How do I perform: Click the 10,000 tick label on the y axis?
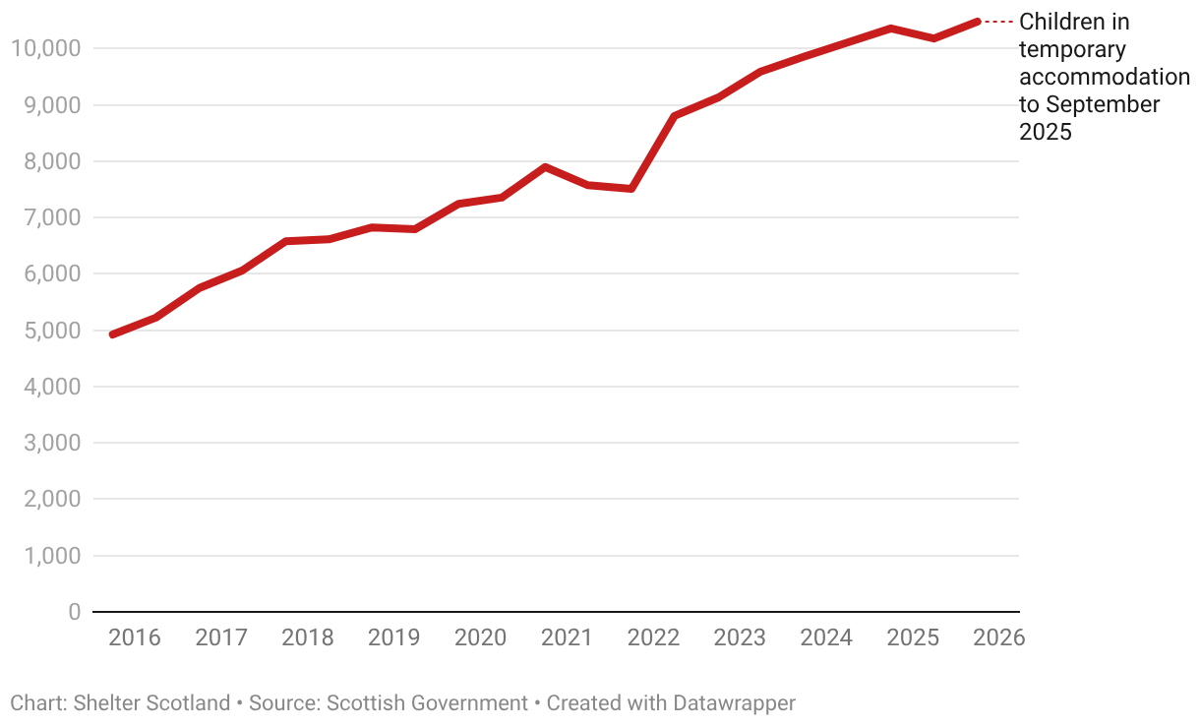click(45, 48)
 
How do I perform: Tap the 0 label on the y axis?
click(75, 612)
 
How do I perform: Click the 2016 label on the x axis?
click(135, 637)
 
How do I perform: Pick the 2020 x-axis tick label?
click(480, 637)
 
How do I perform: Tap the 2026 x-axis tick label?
click(998, 637)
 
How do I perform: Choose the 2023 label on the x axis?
click(740, 637)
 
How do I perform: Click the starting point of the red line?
click(113, 334)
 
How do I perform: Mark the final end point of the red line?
click(977, 21)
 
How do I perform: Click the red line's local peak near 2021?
click(545, 167)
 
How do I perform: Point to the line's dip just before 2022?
click(631, 189)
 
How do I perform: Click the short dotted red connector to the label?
click(998, 22)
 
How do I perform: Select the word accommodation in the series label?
click(1104, 77)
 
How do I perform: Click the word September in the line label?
click(1103, 104)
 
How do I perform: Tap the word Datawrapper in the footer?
click(734, 703)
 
